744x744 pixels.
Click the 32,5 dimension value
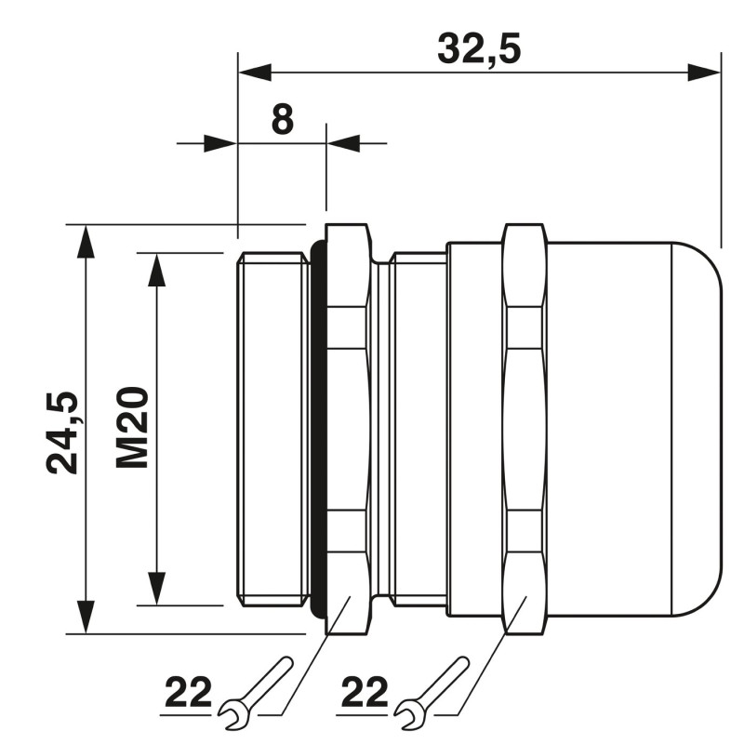[478, 47]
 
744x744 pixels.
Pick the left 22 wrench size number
[189, 693]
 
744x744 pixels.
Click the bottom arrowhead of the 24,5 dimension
[86, 618]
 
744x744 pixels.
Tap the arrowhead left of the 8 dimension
[220, 143]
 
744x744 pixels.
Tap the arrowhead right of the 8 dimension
[343, 143]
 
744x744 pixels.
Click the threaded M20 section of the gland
[272, 429]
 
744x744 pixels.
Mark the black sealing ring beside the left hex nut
[318, 429]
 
